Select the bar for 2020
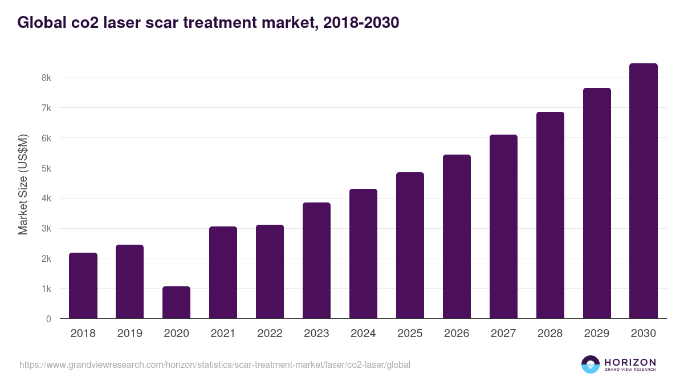point(176,302)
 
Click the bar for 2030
point(644,191)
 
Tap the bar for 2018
point(83,286)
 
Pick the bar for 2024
point(363,254)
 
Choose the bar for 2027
point(503,226)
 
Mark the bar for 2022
point(270,271)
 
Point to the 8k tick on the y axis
point(47,78)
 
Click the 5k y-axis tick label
point(47,168)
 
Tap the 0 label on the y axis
point(48,319)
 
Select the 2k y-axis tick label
point(47,259)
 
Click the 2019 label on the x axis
point(129,334)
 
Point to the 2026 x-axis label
point(457,334)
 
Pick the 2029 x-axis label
point(597,334)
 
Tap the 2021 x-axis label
point(223,334)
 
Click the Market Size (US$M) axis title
point(23,184)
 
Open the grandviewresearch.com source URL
point(214,364)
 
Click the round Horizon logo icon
point(591,364)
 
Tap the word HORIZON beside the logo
point(630,362)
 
